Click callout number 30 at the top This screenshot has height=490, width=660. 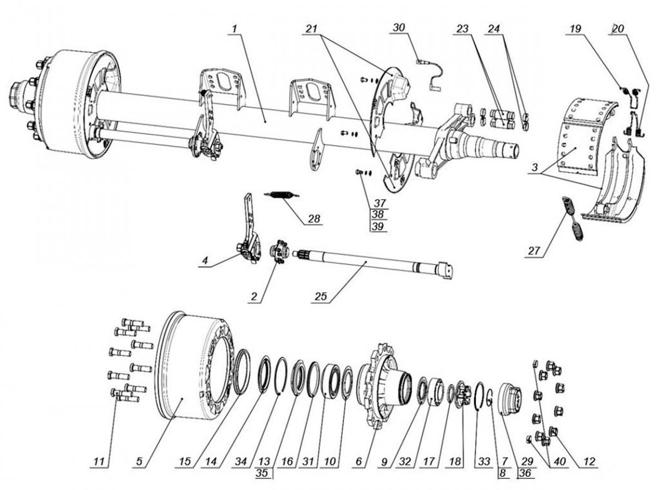(399, 28)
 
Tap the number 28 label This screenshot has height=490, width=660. (314, 219)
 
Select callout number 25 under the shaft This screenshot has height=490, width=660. (321, 296)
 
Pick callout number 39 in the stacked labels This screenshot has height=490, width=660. (378, 226)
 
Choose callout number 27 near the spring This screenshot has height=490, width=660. (533, 251)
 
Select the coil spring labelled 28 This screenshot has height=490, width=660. (282, 195)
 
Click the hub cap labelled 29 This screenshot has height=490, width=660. (511, 399)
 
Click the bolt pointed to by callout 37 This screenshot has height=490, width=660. (359, 172)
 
